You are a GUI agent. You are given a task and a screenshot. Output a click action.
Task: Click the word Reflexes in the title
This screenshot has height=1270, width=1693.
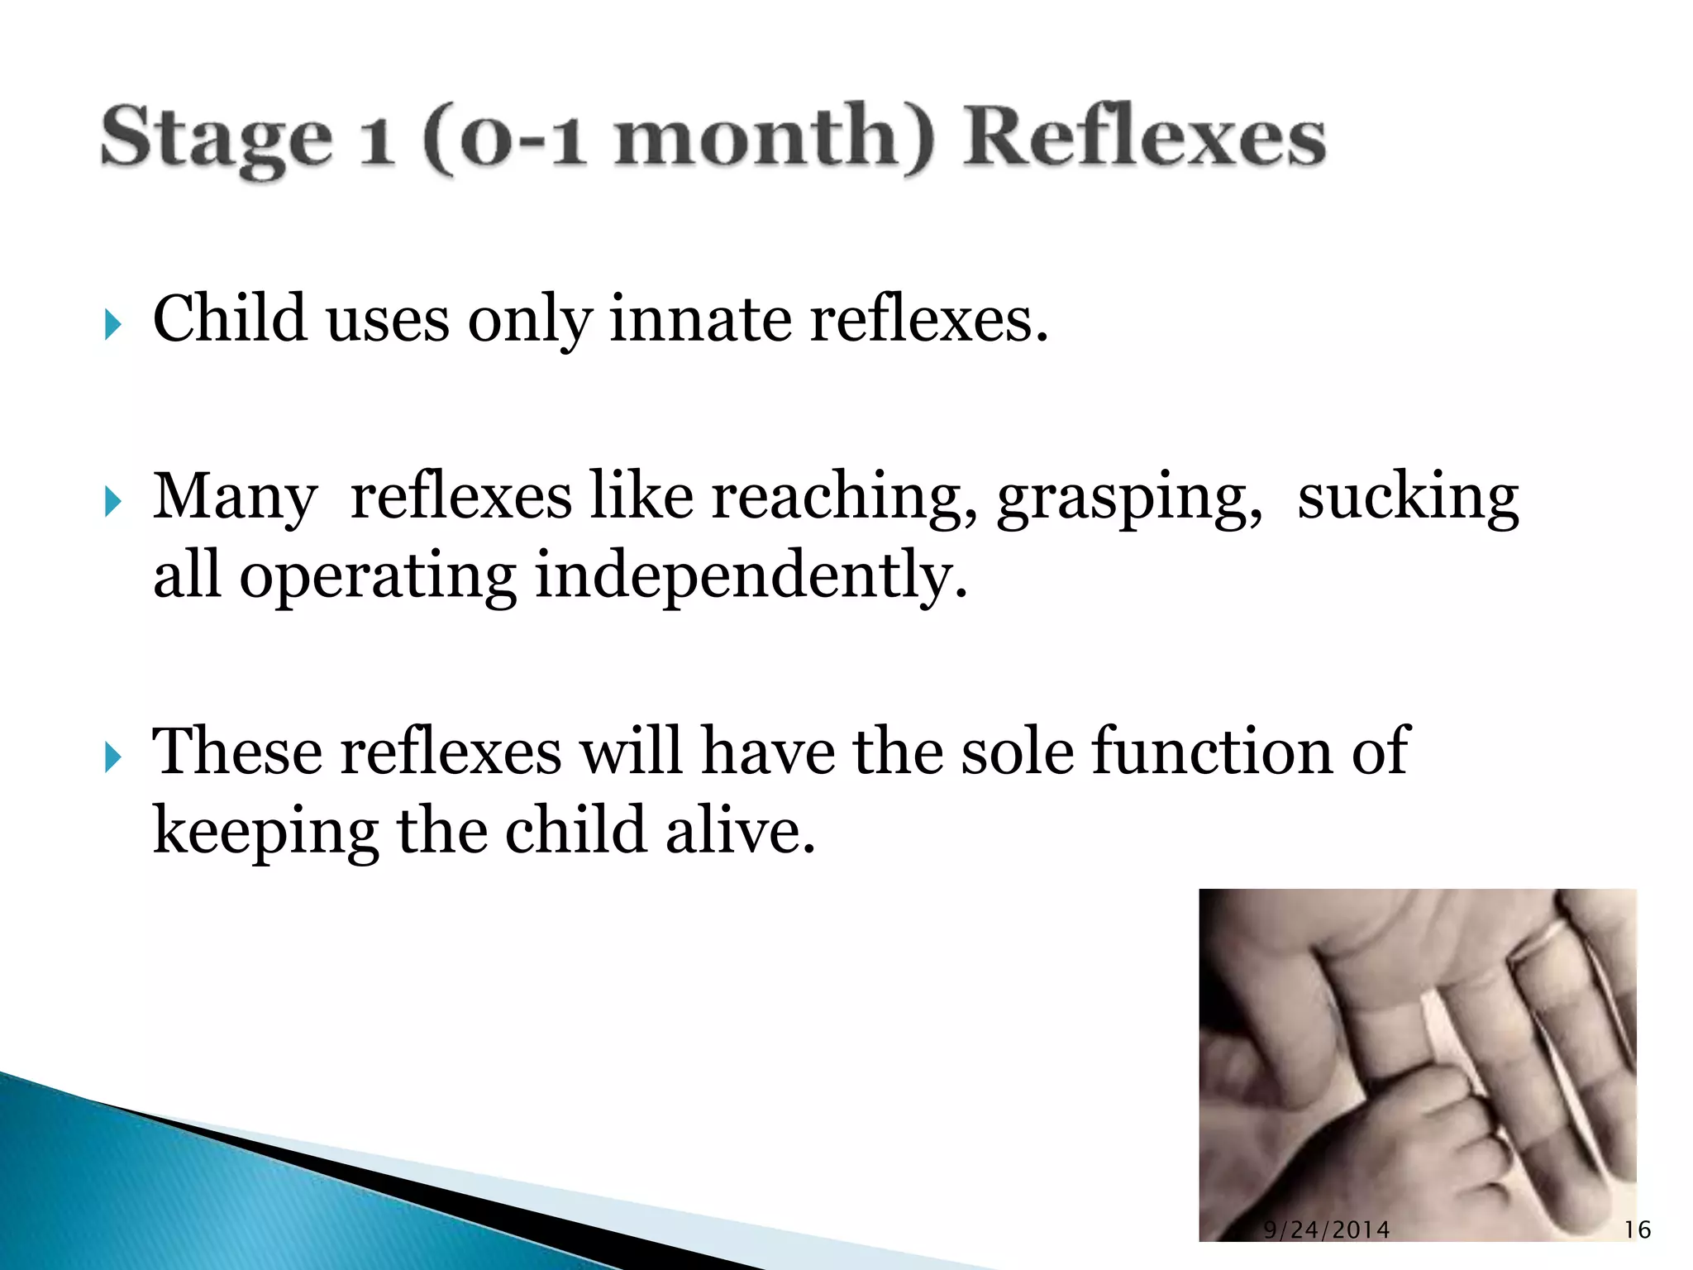click(1145, 137)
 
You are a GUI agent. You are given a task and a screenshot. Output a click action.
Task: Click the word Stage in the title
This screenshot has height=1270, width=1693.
click(217, 139)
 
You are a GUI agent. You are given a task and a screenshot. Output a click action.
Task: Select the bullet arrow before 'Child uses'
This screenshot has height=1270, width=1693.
click(113, 324)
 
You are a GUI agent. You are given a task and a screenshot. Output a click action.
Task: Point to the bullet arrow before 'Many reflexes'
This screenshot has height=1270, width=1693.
click(113, 501)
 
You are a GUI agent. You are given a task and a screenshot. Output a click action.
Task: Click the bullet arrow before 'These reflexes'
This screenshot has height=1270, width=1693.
click(113, 757)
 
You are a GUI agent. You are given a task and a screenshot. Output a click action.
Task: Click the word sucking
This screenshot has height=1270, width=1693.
click(1408, 499)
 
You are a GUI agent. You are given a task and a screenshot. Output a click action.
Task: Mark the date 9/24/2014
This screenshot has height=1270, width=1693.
click(1326, 1229)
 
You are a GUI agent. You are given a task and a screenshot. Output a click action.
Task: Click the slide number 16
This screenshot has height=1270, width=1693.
click(1637, 1229)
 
